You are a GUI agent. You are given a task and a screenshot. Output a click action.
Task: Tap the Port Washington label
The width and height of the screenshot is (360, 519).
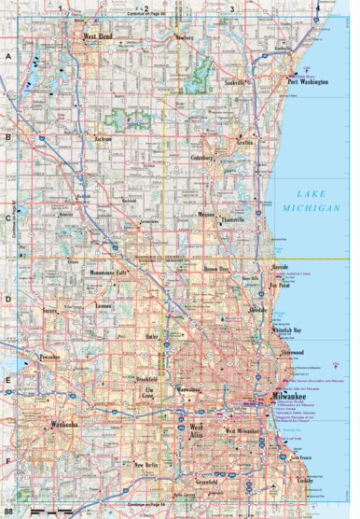tap(309, 81)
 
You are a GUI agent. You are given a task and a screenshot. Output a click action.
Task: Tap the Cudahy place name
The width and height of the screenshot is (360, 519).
tap(305, 480)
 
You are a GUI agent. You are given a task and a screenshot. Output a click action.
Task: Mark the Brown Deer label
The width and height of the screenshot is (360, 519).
tap(217, 268)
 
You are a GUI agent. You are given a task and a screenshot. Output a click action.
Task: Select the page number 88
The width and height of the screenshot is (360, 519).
tap(8, 512)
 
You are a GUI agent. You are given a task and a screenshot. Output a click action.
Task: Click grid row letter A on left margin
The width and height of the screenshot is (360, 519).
tap(8, 56)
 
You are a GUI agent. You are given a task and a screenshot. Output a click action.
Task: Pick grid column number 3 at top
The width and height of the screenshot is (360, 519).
tap(231, 9)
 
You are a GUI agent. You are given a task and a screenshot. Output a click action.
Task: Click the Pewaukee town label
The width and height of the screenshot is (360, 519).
tap(49, 358)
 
